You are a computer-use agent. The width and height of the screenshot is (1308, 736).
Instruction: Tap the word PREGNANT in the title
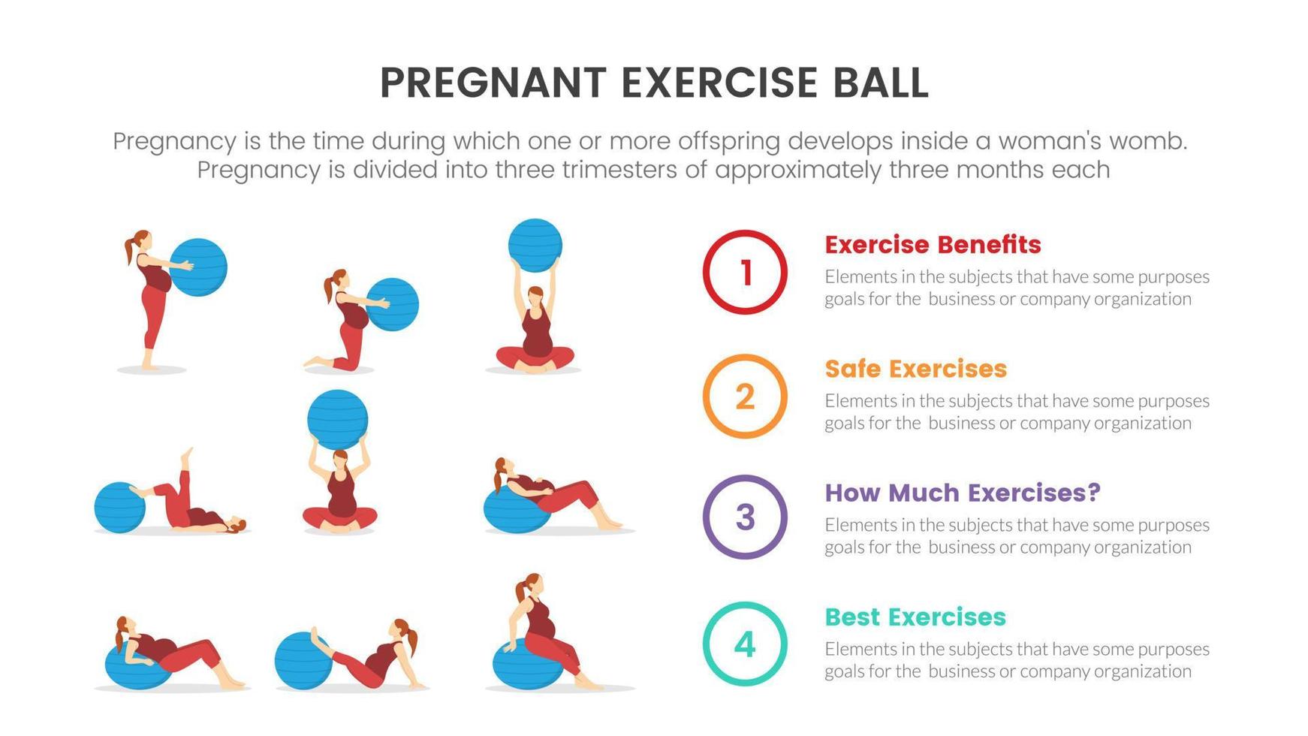[x=493, y=83]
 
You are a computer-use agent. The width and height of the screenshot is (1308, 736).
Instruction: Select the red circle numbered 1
[x=744, y=272]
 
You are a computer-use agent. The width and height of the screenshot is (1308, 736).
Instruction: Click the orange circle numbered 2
[x=744, y=397]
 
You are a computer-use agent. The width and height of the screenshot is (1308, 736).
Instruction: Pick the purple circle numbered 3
[x=744, y=517]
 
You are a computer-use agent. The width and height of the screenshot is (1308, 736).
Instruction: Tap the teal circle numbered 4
[x=744, y=644]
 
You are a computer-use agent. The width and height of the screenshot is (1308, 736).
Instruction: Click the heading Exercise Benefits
[x=933, y=245]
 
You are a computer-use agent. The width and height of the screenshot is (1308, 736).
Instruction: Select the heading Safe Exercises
[x=915, y=369]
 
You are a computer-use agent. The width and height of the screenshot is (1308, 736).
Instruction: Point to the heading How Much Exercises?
[x=962, y=493]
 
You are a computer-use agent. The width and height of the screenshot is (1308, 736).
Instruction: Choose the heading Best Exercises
[x=915, y=617]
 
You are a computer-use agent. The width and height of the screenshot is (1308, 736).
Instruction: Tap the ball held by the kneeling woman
[x=393, y=304]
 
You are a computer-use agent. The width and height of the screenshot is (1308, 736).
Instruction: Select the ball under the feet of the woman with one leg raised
[x=119, y=508]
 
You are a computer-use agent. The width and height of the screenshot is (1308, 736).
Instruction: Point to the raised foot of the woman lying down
[x=187, y=455]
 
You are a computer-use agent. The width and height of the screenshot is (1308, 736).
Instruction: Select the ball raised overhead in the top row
[x=535, y=246]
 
